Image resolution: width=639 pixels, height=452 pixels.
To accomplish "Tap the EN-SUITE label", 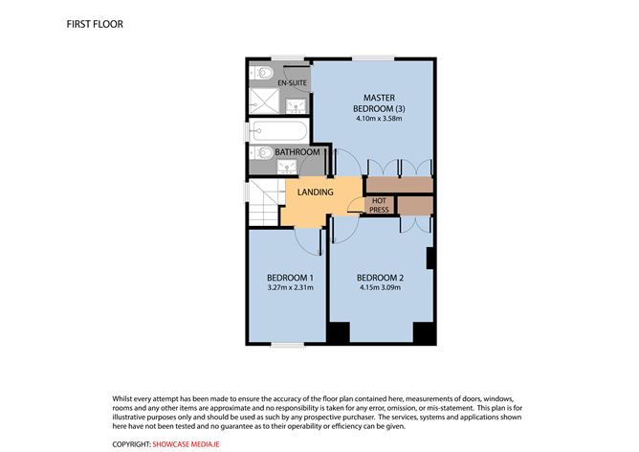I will pyautogui.click(x=292, y=84).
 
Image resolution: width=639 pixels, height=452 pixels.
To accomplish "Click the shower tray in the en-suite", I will pyautogui.click(x=262, y=100).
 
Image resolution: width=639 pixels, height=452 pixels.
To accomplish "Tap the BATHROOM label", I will pyautogui.click(x=297, y=152).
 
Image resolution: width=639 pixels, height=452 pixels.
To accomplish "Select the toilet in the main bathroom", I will pyautogui.click(x=259, y=152).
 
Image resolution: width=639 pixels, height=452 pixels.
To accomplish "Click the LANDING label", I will pyautogui.click(x=315, y=192).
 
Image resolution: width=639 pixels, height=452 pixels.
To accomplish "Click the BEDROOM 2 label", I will pyautogui.click(x=380, y=278).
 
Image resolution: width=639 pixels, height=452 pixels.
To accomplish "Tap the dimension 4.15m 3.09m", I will pyautogui.click(x=380, y=287).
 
